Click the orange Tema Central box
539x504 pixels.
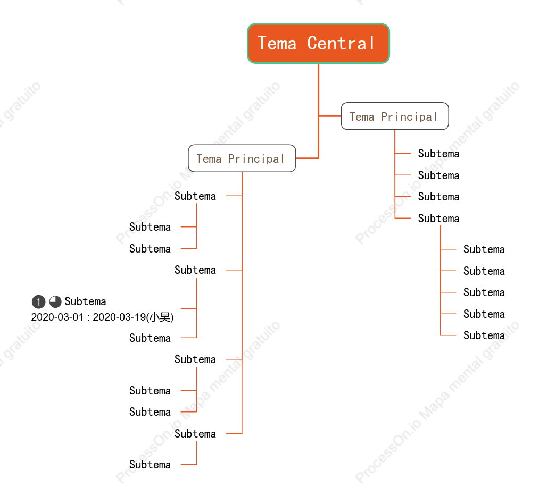click(x=318, y=44)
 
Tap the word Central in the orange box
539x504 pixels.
click(x=341, y=44)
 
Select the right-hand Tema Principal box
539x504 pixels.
click(x=395, y=116)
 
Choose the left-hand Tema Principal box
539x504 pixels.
click(x=242, y=158)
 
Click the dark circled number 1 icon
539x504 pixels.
click(x=38, y=301)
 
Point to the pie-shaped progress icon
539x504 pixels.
click(x=55, y=301)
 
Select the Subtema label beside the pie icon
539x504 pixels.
click(x=85, y=301)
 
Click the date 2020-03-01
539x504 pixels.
click(x=57, y=317)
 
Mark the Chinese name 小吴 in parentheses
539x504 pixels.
click(x=160, y=317)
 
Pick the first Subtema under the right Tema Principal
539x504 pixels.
click(x=438, y=154)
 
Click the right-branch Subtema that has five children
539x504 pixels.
click(x=438, y=218)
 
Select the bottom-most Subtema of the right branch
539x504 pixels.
click(x=484, y=335)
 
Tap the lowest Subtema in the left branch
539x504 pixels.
click(x=150, y=465)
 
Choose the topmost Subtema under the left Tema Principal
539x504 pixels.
click(x=195, y=196)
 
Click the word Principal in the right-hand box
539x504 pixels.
click(x=409, y=116)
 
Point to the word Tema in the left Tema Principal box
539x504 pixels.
click(x=209, y=159)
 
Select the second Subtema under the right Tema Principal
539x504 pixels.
click(x=438, y=175)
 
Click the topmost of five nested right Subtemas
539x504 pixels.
click(x=484, y=249)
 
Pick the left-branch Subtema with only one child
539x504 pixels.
click(x=195, y=434)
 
